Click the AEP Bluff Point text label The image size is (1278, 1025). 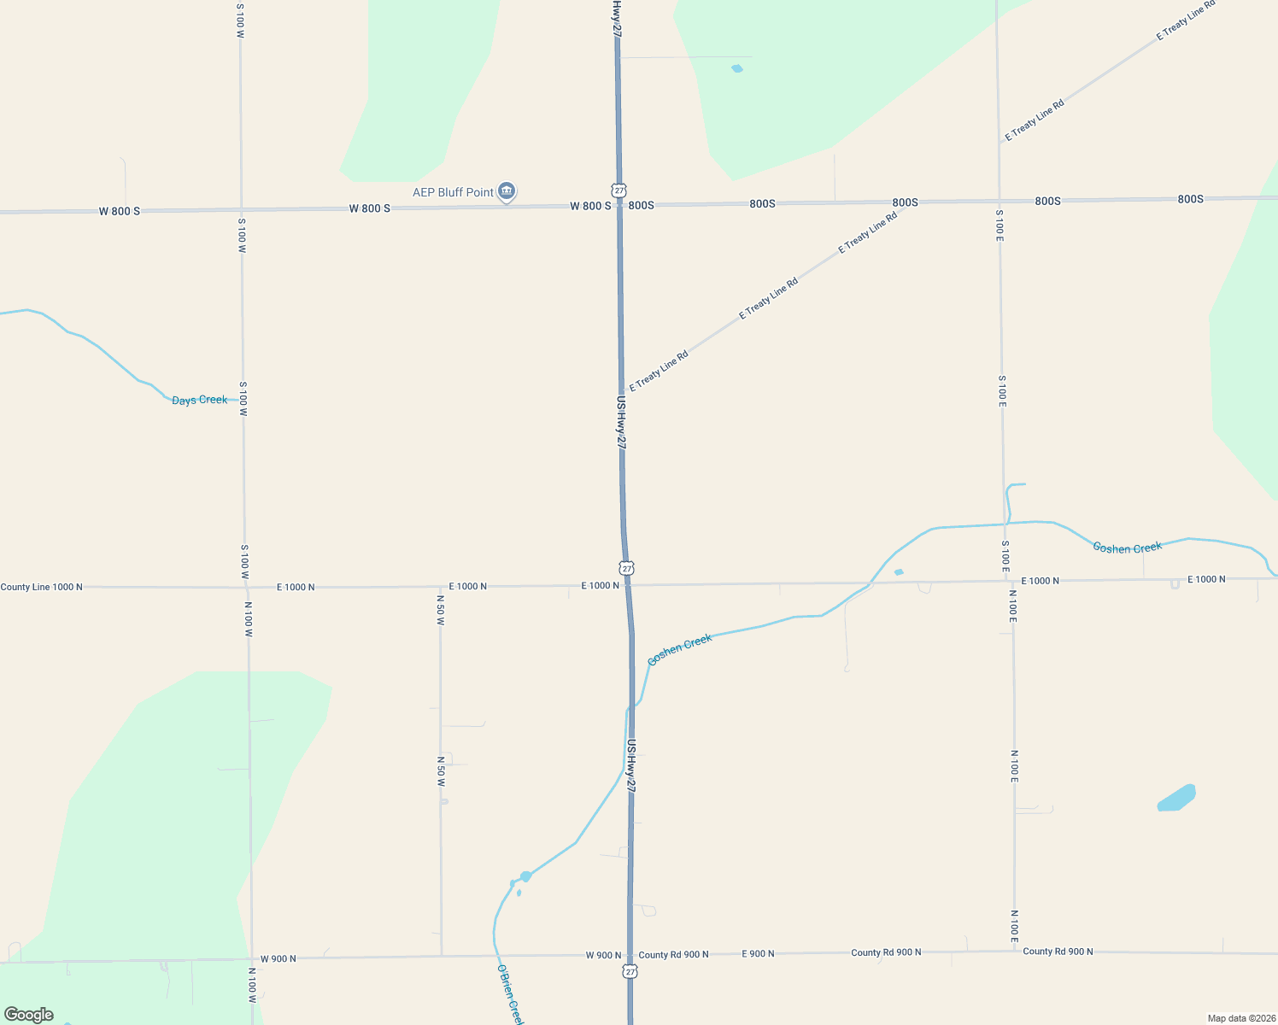(453, 192)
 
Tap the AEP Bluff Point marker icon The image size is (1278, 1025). (507, 190)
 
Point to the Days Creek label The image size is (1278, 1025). (200, 400)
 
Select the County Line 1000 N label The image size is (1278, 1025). (42, 587)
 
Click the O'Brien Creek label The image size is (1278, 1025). (510, 994)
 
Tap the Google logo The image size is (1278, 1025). (29, 1015)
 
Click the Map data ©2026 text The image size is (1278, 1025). (1240, 1018)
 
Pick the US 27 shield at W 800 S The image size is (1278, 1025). (619, 190)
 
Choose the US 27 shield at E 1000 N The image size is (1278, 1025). (627, 568)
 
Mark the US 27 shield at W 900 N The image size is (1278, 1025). (630, 971)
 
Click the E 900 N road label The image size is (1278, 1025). (758, 953)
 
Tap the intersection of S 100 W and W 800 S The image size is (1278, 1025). (241, 209)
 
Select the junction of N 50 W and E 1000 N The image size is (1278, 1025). (440, 587)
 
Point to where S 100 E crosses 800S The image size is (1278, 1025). (998, 202)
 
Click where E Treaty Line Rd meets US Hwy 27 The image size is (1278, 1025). (621, 395)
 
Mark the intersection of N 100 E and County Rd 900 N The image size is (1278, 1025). (1015, 952)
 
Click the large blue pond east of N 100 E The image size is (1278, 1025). (1176, 798)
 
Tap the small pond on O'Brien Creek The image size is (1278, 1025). (525, 876)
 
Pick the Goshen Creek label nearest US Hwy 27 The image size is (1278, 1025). (680, 650)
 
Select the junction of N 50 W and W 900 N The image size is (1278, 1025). (442, 957)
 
